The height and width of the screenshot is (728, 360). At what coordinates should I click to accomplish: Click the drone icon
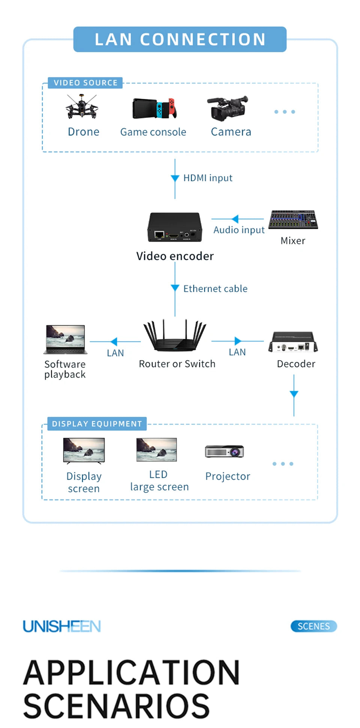[82, 107]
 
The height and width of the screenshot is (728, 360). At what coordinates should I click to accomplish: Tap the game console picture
[154, 108]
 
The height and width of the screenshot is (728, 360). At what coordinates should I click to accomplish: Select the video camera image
[228, 108]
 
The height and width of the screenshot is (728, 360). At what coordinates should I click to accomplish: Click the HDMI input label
[208, 178]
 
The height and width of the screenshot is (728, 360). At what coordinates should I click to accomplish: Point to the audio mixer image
[293, 220]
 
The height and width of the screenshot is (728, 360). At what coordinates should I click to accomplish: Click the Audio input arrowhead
[235, 219]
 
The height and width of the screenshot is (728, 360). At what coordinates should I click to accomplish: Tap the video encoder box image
[175, 227]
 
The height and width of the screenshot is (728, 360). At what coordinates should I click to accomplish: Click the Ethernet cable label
[215, 289]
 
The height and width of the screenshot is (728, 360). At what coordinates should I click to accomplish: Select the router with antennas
[175, 336]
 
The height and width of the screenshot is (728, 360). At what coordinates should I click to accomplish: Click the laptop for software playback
[66, 340]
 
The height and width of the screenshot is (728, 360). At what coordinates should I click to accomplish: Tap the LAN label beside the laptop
[115, 353]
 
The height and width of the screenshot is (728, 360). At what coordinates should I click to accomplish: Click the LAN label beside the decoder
[237, 352]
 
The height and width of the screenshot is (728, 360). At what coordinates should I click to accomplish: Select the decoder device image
[293, 342]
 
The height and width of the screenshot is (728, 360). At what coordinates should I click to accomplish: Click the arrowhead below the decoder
[294, 394]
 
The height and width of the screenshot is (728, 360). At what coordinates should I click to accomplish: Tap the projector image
[225, 451]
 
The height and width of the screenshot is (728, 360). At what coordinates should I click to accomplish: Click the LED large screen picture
[157, 450]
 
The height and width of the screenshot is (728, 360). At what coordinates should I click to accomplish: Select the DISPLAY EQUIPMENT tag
[97, 424]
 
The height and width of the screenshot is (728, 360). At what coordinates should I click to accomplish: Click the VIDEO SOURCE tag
[85, 83]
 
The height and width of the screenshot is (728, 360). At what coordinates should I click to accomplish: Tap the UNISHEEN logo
[62, 626]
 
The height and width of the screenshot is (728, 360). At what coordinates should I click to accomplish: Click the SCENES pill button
[314, 626]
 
